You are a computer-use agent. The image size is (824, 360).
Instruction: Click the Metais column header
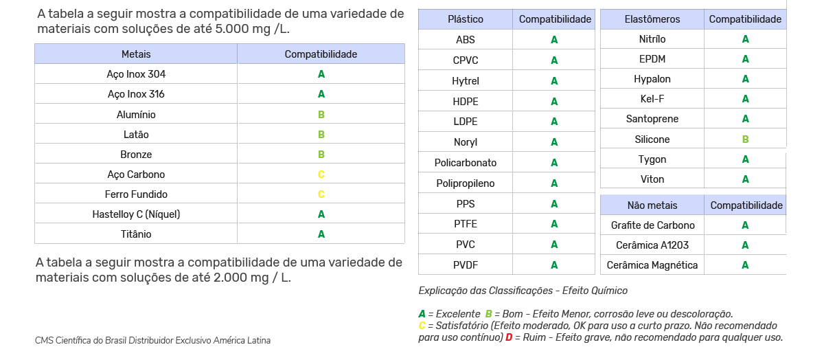[x=136, y=54]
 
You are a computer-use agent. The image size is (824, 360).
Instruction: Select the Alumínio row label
[x=136, y=114]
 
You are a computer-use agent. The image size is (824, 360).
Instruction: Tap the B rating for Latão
[x=321, y=135]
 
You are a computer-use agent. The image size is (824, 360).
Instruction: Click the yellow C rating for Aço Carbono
[x=321, y=175]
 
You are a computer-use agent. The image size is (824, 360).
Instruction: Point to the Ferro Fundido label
[x=136, y=194]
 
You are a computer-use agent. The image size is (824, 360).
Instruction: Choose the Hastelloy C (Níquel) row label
[x=136, y=214]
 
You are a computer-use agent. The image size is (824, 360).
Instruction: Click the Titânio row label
[x=136, y=234]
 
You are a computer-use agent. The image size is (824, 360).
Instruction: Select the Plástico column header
[x=466, y=19]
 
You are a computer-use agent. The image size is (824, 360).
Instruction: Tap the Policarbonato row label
[x=466, y=163]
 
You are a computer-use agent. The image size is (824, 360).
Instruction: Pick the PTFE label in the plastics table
[x=466, y=224]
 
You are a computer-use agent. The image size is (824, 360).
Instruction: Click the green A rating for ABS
[x=554, y=40]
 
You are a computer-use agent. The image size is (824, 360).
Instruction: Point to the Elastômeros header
[x=652, y=19]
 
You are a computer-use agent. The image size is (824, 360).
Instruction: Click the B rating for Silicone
[x=745, y=139]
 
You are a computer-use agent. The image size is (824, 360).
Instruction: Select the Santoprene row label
[x=652, y=119]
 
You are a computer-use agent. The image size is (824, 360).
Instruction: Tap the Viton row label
[x=652, y=179]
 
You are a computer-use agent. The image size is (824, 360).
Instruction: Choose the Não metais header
[x=652, y=205]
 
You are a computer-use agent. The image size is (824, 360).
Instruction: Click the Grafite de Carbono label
[x=652, y=225]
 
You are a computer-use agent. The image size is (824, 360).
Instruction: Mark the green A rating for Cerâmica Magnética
[x=745, y=265]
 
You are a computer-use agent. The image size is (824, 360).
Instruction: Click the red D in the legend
[x=509, y=337]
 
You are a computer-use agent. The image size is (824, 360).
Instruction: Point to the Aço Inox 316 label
[x=136, y=94]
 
